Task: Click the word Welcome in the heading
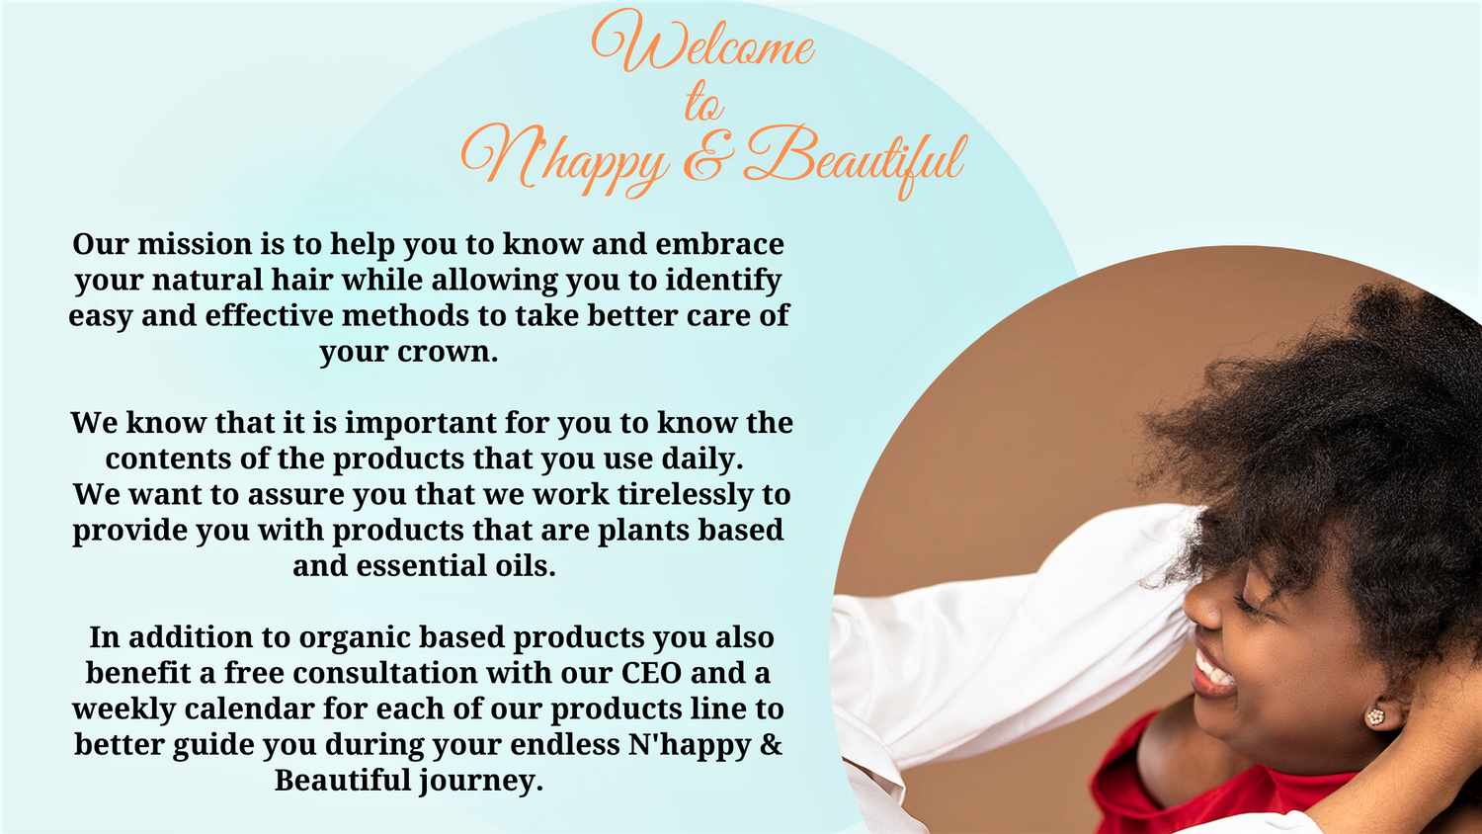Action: (703, 43)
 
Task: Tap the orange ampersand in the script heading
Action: (703, 156)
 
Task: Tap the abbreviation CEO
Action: (651, 673)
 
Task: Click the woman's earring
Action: (1374, 716)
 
